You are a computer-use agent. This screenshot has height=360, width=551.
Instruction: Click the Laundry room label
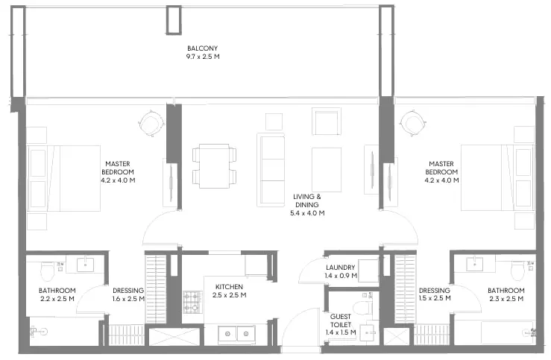pos(341,268)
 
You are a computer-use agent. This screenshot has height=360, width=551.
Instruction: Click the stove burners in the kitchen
pos(192,301)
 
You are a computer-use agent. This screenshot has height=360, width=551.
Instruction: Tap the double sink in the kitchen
pos(236,333)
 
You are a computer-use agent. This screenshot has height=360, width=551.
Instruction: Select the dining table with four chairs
pos(214,166)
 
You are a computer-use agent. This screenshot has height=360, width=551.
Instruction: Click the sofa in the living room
pos(271,168)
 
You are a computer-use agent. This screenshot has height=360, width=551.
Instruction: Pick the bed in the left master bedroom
pos(64,179)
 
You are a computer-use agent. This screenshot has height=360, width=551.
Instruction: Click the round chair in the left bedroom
pos(151,121)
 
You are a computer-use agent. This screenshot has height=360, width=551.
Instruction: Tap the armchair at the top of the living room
pos(326,121)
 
